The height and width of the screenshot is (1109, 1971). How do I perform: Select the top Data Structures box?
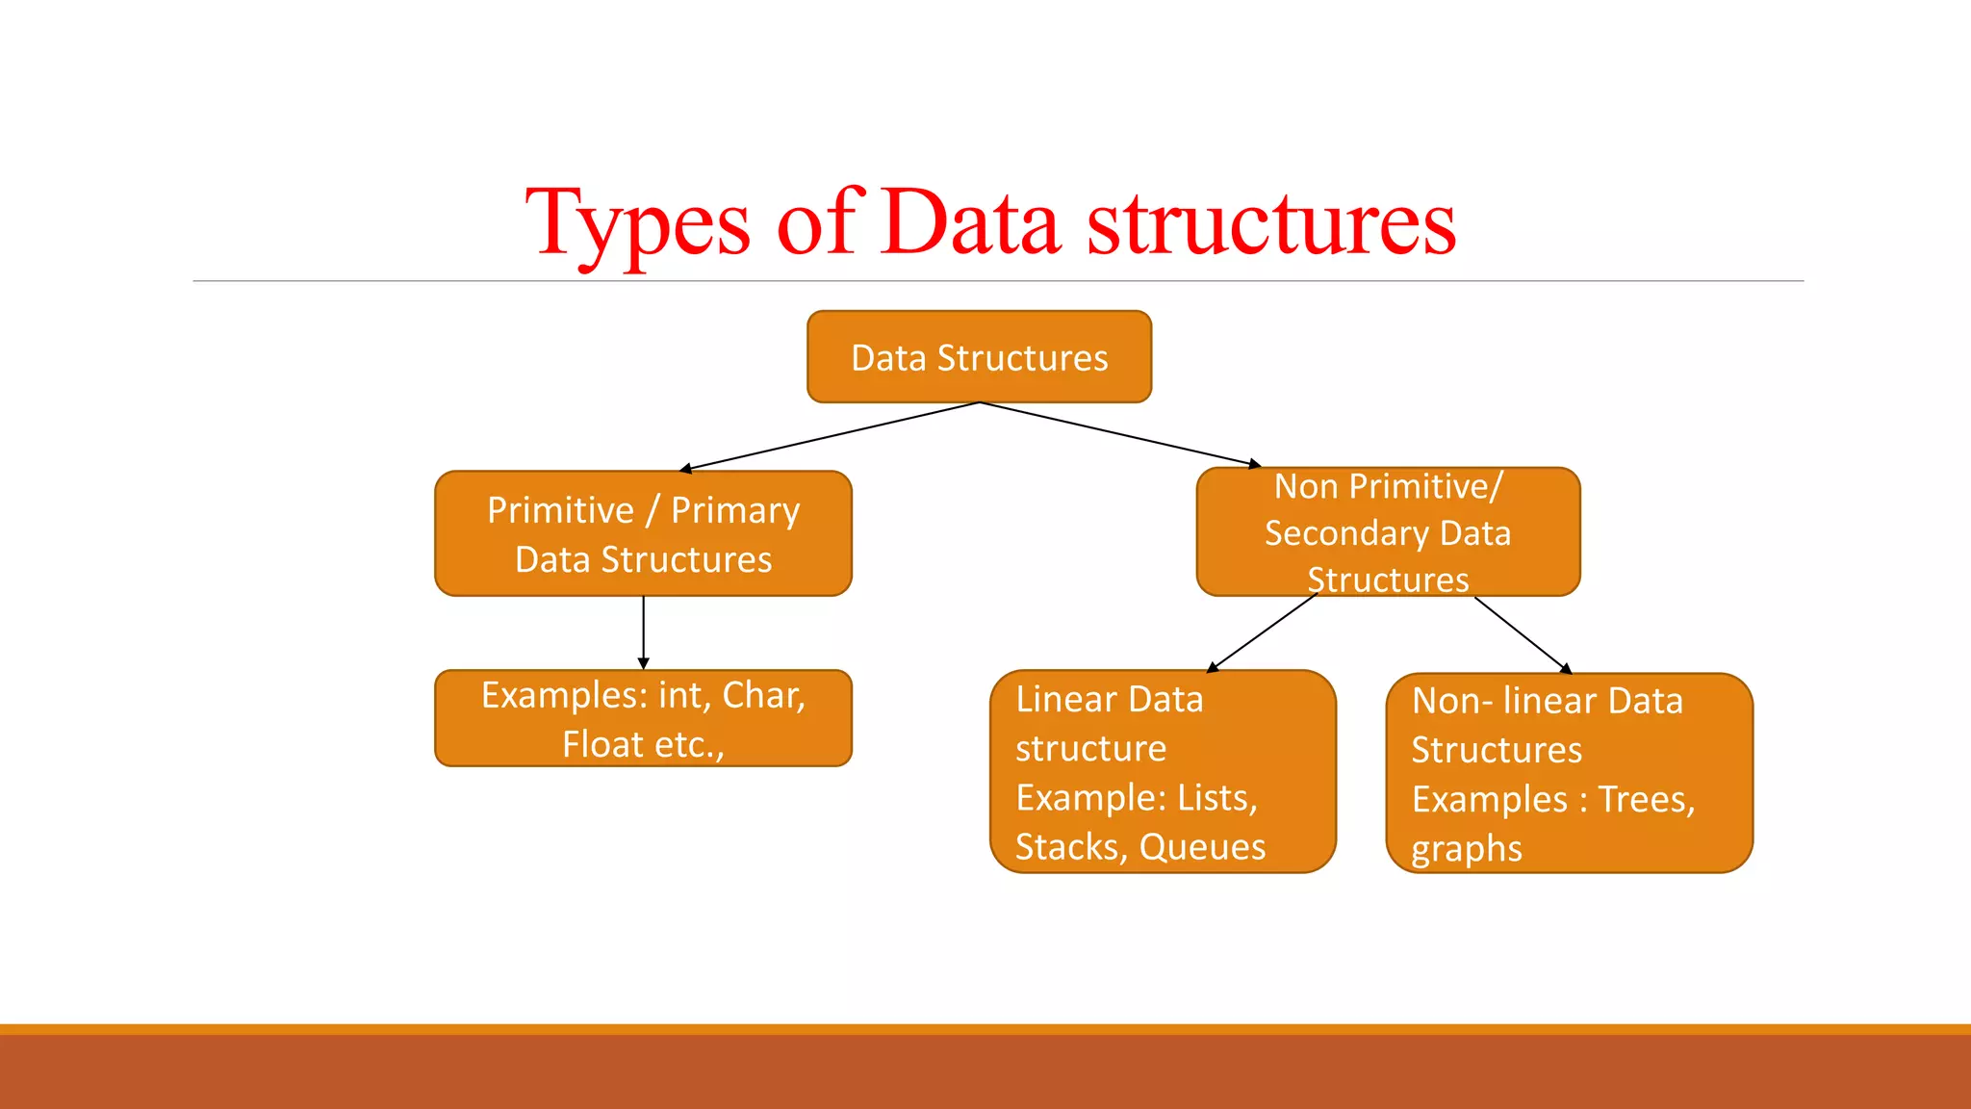point(979,357)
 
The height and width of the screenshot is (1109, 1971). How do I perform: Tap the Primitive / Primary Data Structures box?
point(643,534)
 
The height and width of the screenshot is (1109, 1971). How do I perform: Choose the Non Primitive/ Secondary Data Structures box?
point(1388,532)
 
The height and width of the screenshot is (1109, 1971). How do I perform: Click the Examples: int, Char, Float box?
point(643,719)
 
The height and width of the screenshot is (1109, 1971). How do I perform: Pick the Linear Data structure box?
point(1163,772)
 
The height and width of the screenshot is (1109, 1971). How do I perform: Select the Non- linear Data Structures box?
point(1569,774)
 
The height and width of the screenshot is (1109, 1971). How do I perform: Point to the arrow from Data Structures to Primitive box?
point(828,436)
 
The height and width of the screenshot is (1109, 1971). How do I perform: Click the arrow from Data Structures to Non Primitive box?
point(1121,434)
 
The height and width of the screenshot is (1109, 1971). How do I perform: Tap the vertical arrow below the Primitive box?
point(643,632)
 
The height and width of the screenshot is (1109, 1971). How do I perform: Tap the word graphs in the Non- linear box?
point(1466,849)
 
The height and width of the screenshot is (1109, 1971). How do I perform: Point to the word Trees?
point(1646,799)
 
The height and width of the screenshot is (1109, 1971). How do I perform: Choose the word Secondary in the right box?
point(1346,533)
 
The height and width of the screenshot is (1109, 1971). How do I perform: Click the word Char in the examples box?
point(762,695)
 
